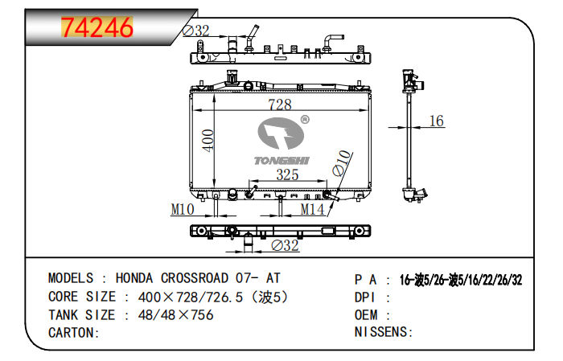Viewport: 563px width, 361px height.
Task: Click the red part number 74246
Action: click(97, 27)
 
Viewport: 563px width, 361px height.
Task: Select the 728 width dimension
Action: click(280, 105)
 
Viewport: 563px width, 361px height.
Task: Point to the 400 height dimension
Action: click(208, 141)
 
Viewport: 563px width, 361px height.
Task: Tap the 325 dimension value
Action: click(287, 174)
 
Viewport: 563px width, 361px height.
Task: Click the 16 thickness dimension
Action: click(436, 121)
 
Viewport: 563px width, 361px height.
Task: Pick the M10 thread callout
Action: click(183, 209)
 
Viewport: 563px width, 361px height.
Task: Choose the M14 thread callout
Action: click(312, 209)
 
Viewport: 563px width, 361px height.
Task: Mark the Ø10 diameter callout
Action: click(342, 163)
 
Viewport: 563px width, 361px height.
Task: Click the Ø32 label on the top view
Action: click(196, 31)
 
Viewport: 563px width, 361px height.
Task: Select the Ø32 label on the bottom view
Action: click(285, 245)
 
